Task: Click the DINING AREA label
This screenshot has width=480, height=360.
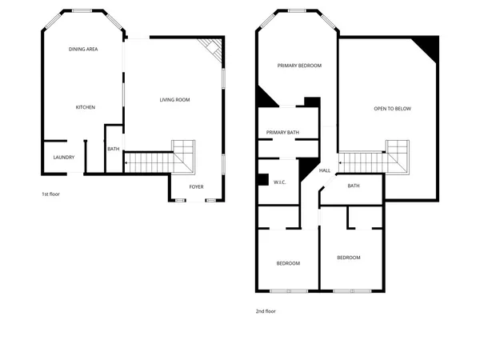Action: tap(83, 50)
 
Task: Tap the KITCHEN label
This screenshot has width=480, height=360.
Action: tap(86, 107)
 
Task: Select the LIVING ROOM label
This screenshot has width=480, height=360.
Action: tap(174, 100)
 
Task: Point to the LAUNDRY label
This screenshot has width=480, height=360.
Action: tap(63, 157)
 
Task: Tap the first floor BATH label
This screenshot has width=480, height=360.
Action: tap(114, 149)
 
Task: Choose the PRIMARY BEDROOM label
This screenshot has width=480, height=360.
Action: tap(299, 66)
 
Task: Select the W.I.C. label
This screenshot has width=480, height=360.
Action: tap(280, 182)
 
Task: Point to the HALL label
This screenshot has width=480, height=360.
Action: tap(325, 170)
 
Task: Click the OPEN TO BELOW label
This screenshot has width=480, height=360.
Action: tap(392, 109)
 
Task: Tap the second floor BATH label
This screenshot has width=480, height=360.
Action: tap(354, 186)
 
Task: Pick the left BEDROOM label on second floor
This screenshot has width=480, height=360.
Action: tap(288, 263)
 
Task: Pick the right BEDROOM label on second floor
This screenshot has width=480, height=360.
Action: tap(348, 258)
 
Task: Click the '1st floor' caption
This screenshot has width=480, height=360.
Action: tap(51, 194)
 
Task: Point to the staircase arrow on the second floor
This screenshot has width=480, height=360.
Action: tap(342, 163)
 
